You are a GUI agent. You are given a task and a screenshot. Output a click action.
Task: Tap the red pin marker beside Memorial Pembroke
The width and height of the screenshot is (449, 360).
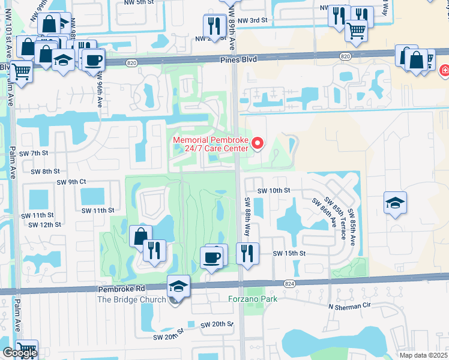(258, 143)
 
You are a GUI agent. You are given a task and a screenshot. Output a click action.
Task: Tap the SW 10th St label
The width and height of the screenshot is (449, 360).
(274, 190)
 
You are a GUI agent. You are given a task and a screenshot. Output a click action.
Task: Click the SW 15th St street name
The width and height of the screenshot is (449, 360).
(289, 254)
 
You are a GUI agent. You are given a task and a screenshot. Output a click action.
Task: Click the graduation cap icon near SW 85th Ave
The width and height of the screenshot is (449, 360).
(396, 203)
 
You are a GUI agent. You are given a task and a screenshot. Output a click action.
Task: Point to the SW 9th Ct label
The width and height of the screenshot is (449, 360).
(71, 182)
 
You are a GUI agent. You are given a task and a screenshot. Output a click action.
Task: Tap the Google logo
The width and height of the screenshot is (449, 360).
(20, 353)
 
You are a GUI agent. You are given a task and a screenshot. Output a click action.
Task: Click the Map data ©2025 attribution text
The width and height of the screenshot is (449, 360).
(424, 355)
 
